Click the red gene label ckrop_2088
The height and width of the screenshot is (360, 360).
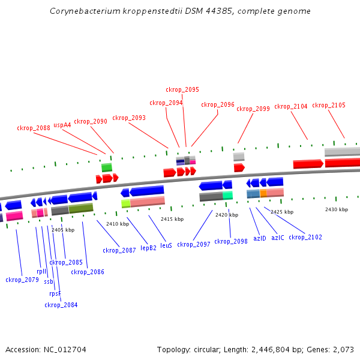pos(34,128)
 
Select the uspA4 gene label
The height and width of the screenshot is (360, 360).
pos(62,125)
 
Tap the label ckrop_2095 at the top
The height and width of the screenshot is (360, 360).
pos(182,89)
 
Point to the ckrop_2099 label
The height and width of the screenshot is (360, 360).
pos(253,109)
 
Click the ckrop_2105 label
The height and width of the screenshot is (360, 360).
pos(329,105)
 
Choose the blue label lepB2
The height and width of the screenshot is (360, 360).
pos(148,247)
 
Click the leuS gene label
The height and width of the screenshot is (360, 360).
pos(166,245)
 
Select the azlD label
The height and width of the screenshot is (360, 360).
pos(259,238)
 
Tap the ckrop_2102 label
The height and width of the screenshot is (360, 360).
pos(305,237)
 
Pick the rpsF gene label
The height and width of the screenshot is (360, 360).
pos(55,293)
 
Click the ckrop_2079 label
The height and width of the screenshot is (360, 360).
pos(22,280)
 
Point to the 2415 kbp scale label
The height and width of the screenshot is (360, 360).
pos(172,219)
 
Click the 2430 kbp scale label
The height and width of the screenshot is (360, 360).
pos(336,209)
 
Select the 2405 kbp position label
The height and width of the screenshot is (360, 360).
pos(63,230)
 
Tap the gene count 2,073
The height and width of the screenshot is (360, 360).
pos(342,349)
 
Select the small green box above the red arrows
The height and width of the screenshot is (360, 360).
pos(107,167)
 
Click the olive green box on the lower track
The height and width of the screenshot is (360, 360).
pos(81,208)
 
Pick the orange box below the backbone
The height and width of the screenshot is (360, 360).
pos(263,193)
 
